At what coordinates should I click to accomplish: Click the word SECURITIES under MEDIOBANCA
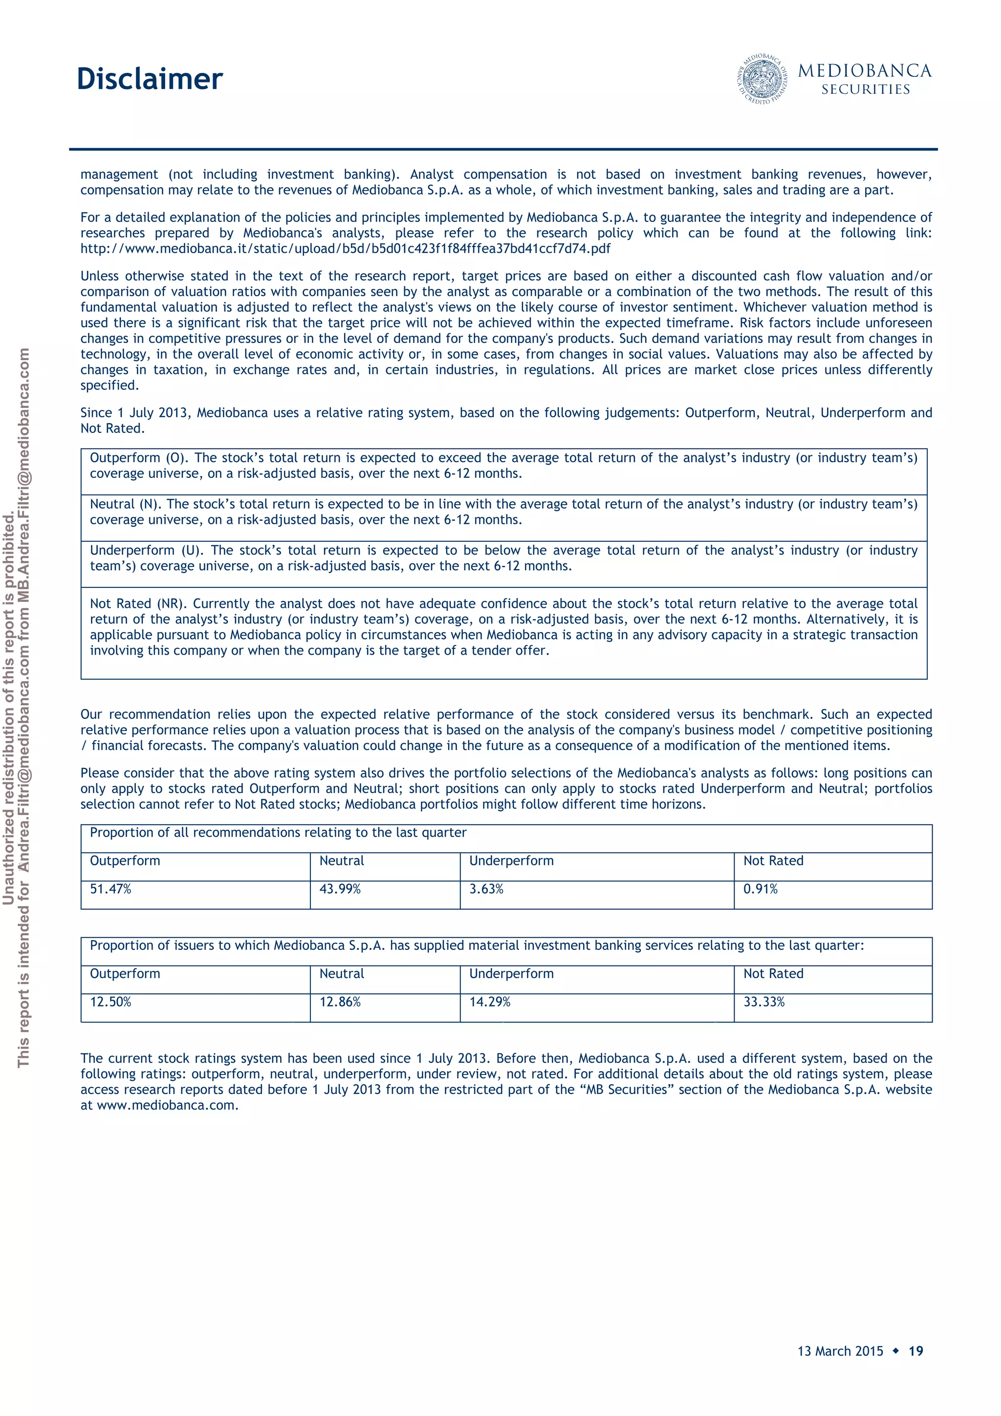[865, 90]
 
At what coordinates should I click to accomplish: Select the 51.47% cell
[111, 889]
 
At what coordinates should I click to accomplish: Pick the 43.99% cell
[340, 889]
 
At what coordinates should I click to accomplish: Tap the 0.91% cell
[760, 889]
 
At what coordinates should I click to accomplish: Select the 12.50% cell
[111, 1002]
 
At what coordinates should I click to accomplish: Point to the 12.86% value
[340, 1002]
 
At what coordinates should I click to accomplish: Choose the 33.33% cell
[763, 1002]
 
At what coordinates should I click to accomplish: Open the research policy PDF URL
[346, 249]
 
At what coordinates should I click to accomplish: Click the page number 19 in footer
[916, 1351]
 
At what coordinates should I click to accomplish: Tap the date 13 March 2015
[840, 1351]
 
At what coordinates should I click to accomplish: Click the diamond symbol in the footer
[896, 1351]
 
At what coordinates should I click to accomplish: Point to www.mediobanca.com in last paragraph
[167, 1105]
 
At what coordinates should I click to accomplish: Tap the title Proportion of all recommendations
[278, 833]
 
